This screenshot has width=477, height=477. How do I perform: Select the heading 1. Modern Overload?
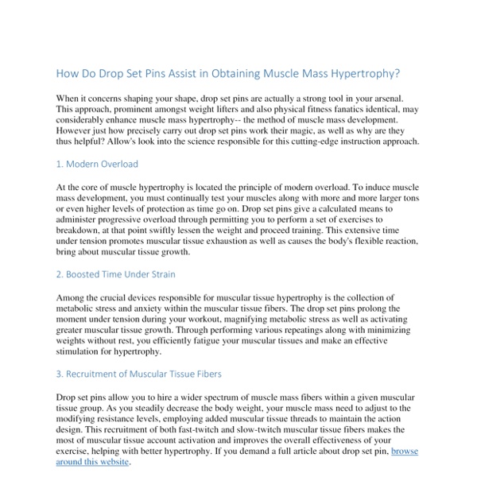pos(97,164)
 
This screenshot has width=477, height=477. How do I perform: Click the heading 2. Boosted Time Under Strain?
pos(116,274)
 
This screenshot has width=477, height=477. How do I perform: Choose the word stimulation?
pos(82,351)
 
